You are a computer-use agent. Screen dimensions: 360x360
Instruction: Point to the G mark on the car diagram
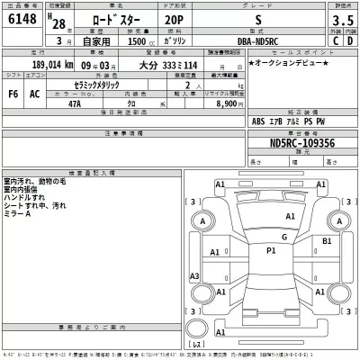click(283, 237)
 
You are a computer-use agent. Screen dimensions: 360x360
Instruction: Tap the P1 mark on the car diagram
click(270, 252)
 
